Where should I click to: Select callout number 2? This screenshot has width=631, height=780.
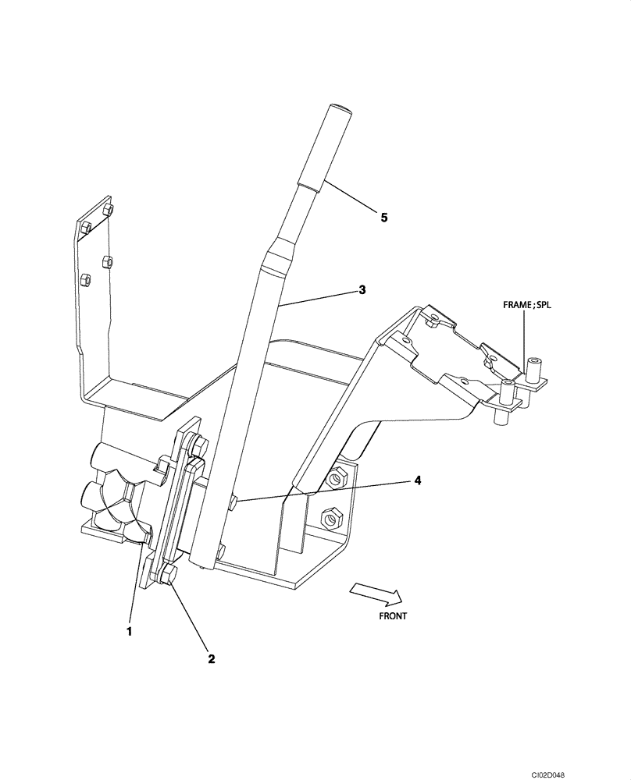(x=211, y=658)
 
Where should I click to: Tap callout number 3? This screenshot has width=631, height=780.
(x=362, y=290)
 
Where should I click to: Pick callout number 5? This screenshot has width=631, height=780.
(x=383, y=218)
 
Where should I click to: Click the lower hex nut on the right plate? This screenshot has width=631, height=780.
(x=331, y=516)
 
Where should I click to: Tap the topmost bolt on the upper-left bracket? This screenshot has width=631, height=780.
(x=109, y=210)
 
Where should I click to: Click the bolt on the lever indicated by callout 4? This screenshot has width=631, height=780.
(x=234, y=505)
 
